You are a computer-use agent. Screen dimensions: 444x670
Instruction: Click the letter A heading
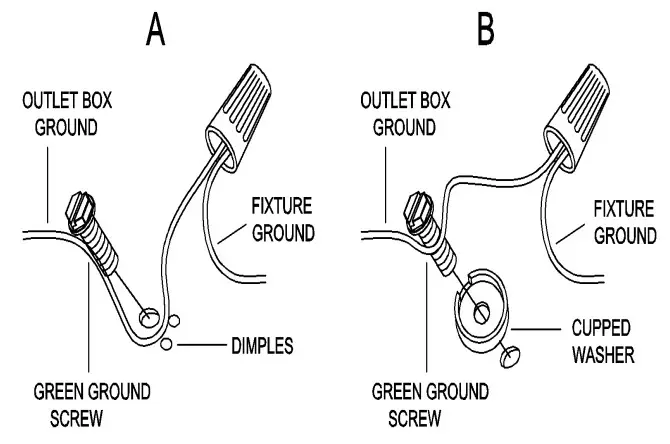[x=155, y=31]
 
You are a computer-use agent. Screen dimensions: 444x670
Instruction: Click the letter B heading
[x=486, y=31]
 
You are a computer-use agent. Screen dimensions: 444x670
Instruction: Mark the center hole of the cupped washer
[x=482, y=311]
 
